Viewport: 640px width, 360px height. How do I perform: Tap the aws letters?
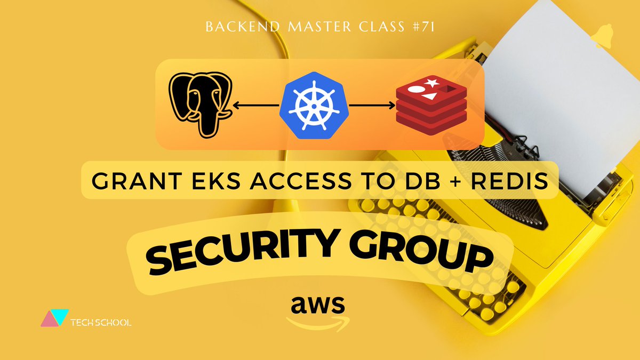click(318, 305)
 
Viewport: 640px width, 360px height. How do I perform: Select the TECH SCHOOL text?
click(101, 322)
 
